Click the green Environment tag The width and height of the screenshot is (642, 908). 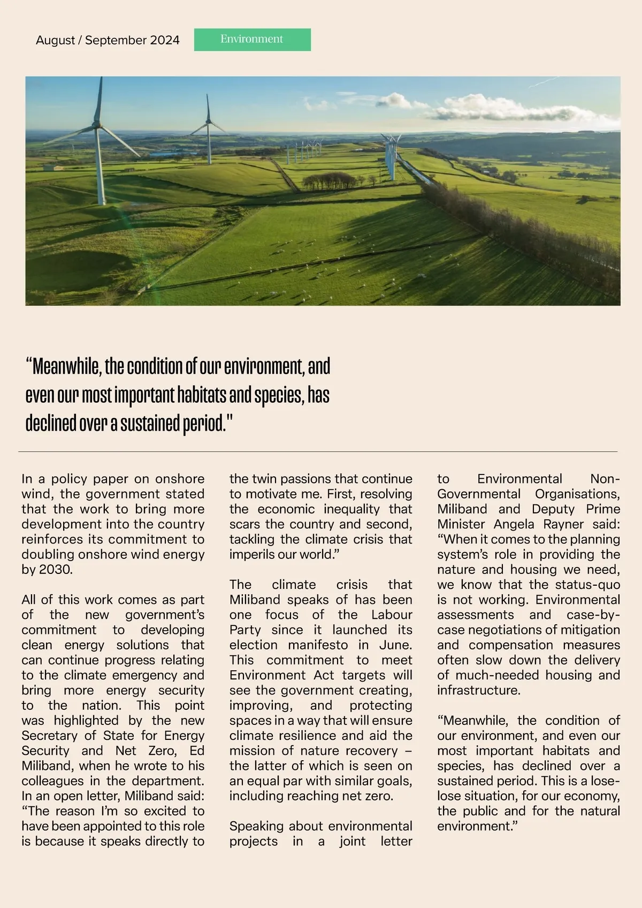(x=252, y=40)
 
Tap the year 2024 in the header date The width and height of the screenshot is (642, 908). (x=165, y=40)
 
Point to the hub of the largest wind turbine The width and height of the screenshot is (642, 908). (x=97, y=125)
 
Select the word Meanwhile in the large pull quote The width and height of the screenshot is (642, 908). (x=66, y=367)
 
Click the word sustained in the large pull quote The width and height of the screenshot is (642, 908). (x=150, y=423)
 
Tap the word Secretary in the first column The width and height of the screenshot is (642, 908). (x=47, y=736)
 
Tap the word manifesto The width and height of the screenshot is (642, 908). (x=318, y=645)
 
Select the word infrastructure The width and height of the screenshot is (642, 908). (x=478, y=691)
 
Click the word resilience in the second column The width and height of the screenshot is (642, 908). (x=310, y=736)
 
